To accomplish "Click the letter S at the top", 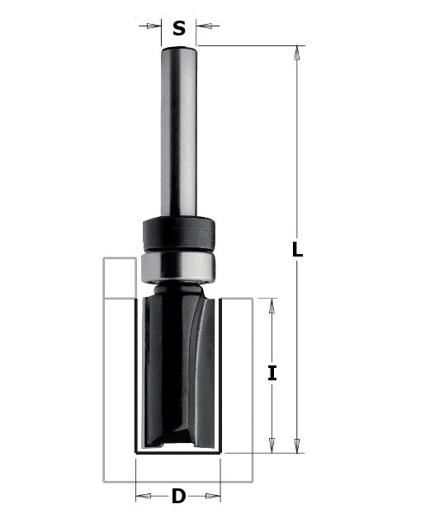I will pyautogui.click(x=179, y=30).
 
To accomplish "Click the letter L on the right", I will pyautogui.click(x=298, y=250).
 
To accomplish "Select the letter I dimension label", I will pyautogui.click(x=272, y=373).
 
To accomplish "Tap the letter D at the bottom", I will pyautogui.click(x=178, y=497).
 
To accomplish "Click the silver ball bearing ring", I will pyautogui.click(x=177, y=266).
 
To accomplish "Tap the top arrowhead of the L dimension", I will pyautogui.click(x=298, y=51).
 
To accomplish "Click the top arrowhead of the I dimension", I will pyautogui.click(x=272, y=304).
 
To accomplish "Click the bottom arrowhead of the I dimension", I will pyautogui.click(x=272, y=446).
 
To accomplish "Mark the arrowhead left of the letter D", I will pyautogui.click(x=142, y=497).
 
